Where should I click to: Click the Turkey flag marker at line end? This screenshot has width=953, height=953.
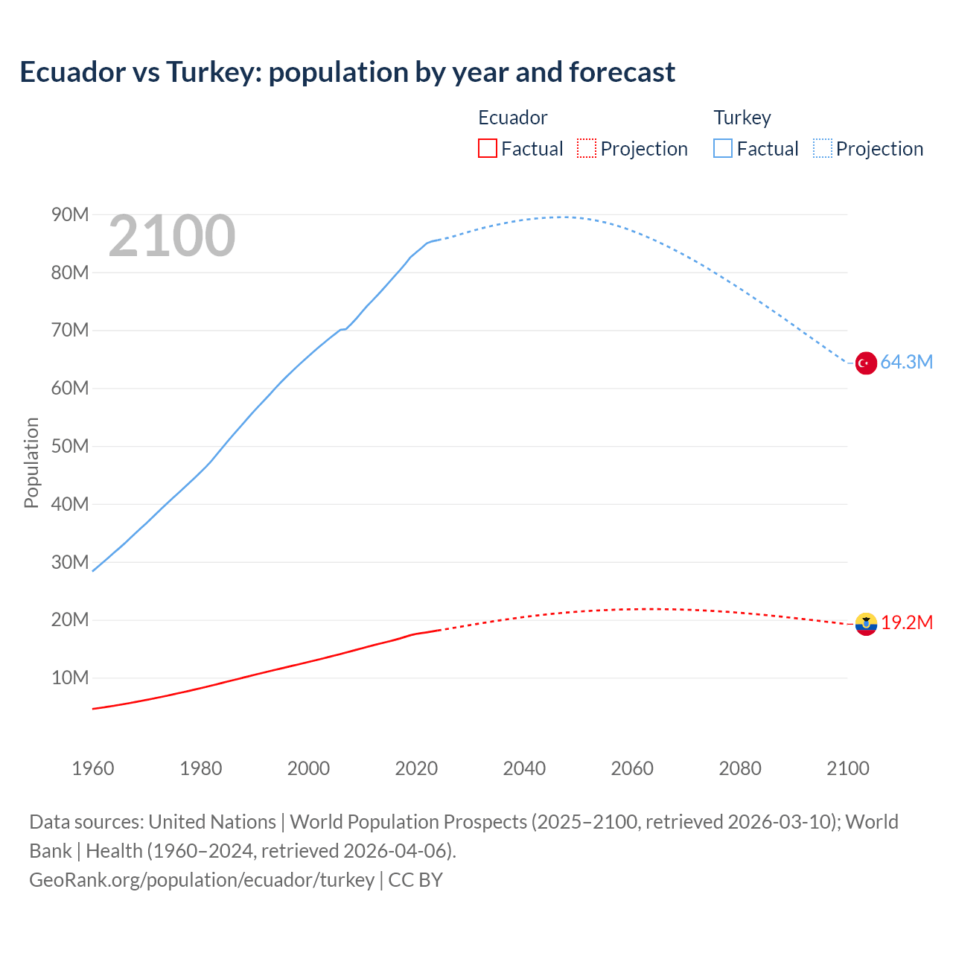click(865, 363)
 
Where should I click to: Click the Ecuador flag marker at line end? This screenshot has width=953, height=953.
click(866, 624)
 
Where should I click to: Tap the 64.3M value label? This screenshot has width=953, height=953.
click(906, 363)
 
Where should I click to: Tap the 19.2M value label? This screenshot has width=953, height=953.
click(907, 622)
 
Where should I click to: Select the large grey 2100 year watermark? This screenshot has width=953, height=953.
click(172, 236)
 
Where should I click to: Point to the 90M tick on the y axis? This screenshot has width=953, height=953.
click(70, 215)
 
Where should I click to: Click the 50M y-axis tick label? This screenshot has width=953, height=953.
click(70, 447)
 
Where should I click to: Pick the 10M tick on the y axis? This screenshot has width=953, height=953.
click(70, 678)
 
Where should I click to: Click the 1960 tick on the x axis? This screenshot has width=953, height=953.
click(93, 768)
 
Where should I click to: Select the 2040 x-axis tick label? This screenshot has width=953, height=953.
click(524, 768)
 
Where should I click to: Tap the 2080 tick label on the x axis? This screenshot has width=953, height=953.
click(740, 768)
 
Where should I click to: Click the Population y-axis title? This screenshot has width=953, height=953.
click(31, 462)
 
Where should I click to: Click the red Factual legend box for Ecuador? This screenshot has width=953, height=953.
click(488, 149)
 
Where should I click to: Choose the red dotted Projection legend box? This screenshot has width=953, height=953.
click(587, 149)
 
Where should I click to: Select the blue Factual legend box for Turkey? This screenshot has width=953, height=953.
click(723, 149)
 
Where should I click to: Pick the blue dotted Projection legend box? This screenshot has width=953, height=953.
click(822, 149)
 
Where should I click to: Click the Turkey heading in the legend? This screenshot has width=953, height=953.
click(742, 118)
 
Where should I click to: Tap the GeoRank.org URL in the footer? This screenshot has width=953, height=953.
click(202, 880)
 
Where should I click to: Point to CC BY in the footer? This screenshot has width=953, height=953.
click(415, 880)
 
